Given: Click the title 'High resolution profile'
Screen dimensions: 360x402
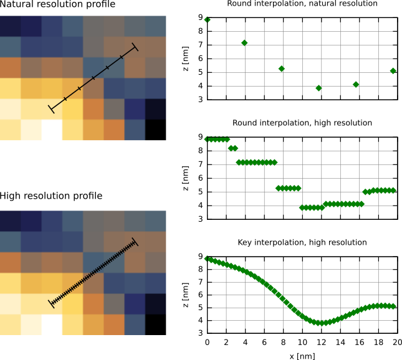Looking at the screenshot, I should (51, 196).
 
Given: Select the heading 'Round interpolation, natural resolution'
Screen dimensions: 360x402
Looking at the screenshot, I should (302, 4).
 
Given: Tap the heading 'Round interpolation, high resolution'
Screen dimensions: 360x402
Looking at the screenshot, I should (302, 123).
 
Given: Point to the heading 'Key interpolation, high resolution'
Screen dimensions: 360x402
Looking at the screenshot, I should (302, 242).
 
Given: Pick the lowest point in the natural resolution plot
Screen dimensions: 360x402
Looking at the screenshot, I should (318, 88).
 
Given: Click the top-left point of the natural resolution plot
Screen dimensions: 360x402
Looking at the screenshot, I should (208, 20).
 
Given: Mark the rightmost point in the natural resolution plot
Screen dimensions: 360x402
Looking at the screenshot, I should (393, 71).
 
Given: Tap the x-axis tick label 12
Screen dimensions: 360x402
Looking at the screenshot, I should (321, 343).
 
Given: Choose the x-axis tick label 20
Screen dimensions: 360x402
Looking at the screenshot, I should (397, 343).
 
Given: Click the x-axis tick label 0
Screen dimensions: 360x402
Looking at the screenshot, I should (208, 343).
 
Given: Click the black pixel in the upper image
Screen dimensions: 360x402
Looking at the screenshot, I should (156, 129).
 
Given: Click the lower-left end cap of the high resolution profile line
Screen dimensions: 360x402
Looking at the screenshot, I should (51, 303).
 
